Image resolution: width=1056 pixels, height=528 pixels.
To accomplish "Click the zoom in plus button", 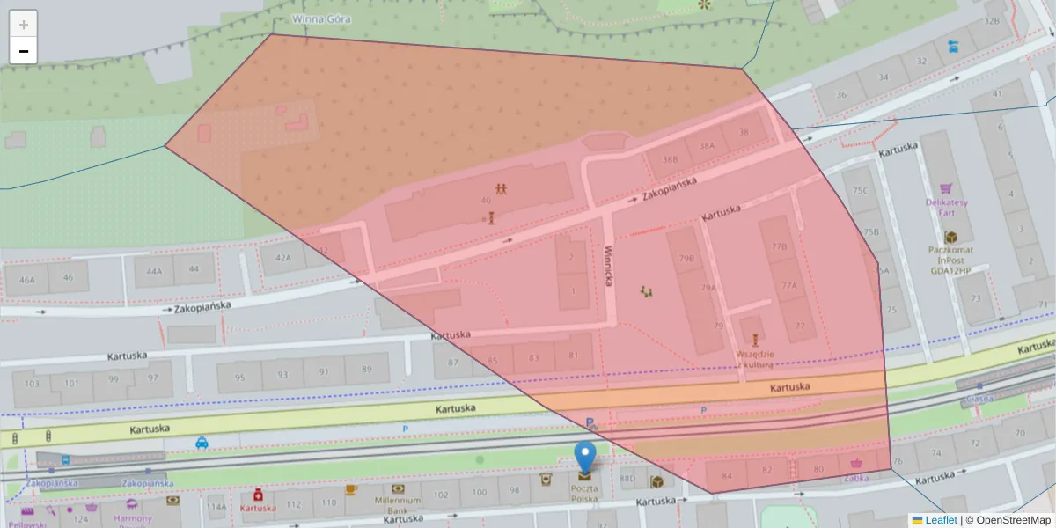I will pyautogui.click(x=23, y=24).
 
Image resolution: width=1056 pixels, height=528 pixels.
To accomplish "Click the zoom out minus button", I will pyautogui.click(x=23, y=51).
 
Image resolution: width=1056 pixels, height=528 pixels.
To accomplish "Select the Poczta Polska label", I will pyautogui.click(x=585, y=493).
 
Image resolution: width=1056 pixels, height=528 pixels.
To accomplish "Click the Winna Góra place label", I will pyautogui.click(x=320, y=18).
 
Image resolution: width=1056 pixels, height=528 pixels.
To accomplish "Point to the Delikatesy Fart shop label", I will pyautogui.click(x=947, y=207).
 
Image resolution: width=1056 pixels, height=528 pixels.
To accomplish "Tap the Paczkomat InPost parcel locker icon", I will pyautogui.click(x=950, y=238).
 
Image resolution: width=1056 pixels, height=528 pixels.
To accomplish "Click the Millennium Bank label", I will pyautogui.click(x=399, y=504).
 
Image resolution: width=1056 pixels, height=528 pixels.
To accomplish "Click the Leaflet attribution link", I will pyautogui.click(x=940, y=520).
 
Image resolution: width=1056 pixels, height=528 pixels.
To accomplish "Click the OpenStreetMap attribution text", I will pyautogui.click(x=1008, y=520).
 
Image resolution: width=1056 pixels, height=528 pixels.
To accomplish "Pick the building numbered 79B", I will pyautogui.click(x=687, y=259).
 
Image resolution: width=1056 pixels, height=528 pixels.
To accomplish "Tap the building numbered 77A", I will pyautogui.click(x=788, y=285).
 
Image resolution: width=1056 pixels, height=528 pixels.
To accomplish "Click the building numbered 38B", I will pyautogui.click(x=671, y=160).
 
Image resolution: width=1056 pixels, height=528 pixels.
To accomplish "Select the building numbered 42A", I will pyautogui.click(x=282, y=258).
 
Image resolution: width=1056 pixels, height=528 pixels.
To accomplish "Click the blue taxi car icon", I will pyautogui.click(x=202, y=443).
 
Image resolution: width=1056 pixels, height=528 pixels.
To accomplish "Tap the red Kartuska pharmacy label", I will pyautogui.click(x=258, y=508).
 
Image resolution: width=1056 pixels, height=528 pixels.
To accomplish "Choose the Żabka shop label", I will pyautogui.click(x=855, y=478).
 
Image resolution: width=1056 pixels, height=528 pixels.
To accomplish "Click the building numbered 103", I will pyautogui.click(x=33, y=383).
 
